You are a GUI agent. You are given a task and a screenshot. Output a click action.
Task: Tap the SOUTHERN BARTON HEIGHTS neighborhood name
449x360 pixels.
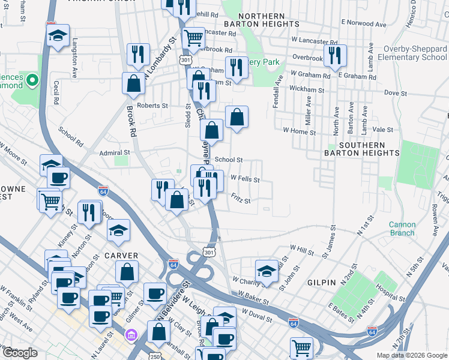coord(369,149)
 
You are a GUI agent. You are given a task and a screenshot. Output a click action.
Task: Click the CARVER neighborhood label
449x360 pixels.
coord(122,256)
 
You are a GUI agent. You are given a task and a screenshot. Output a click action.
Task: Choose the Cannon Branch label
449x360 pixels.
coord(402,229)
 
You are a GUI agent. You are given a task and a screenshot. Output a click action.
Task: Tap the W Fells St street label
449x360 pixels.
coord(244,179)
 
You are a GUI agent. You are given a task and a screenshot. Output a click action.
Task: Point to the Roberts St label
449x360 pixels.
coord(152,106)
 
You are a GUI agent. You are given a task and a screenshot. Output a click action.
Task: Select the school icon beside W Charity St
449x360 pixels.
coord(267,271)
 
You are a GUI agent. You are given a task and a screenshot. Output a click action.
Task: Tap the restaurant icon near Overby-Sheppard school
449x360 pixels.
coord(334,55)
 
